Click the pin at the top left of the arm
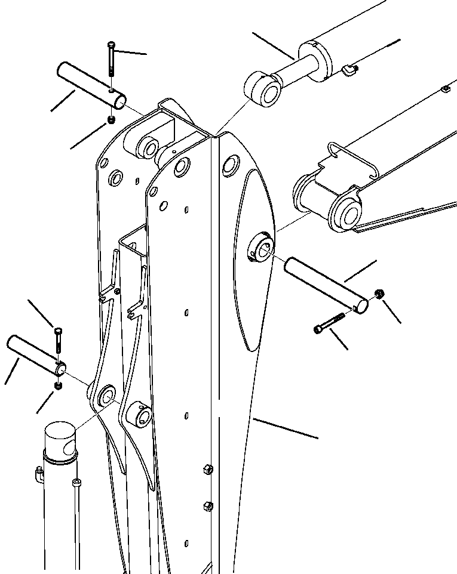tap(91, 85)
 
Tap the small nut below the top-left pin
tap(111, 121)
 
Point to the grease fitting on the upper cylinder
tap(349, 72)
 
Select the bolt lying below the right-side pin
tap(329, 322)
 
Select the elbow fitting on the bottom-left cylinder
tap(38, 476)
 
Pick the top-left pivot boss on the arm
tap(146, 146)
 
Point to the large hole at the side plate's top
tap(231, 165)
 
